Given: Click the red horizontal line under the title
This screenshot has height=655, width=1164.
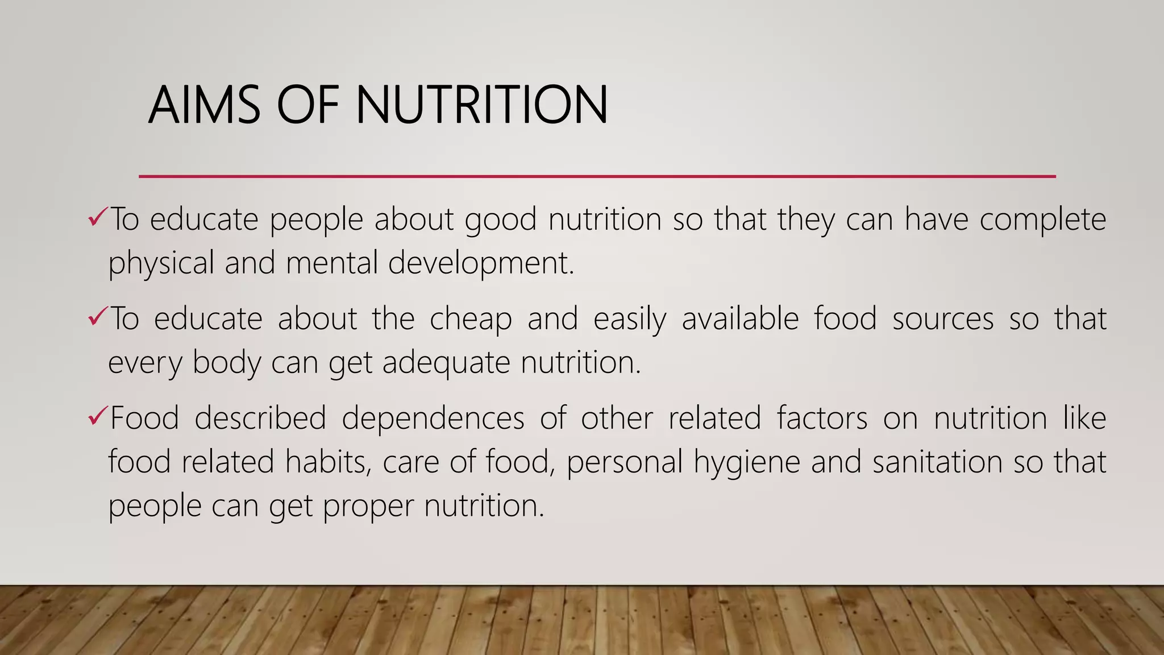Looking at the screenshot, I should tap(597, 177).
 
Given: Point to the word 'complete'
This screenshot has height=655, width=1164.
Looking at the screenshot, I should tap(1042, 220).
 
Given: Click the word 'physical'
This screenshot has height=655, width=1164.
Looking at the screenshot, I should tap(161, 264).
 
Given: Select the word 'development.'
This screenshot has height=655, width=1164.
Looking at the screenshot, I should tap(481, 264).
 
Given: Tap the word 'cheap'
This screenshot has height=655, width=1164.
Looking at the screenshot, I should tap(471, 319).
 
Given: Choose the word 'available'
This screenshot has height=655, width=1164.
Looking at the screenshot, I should tap(740, 318).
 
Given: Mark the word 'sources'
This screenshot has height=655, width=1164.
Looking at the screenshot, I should tap(943, 319).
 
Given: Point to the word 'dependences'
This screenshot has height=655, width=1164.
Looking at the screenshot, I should tap(433, 418).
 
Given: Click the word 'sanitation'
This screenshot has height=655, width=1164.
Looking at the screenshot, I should tap(937, 461).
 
